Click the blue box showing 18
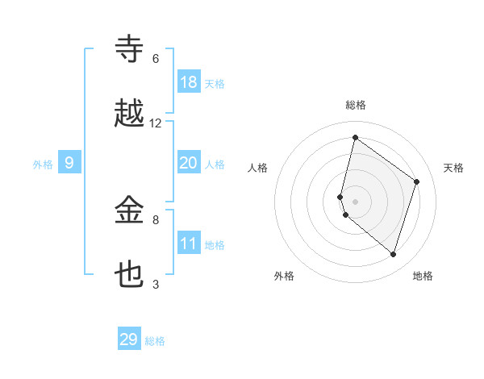click(189, 82)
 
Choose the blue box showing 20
click(189, 163)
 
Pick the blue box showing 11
click(189, 244)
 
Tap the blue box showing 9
click(69, 163)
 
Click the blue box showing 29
click(129, 339)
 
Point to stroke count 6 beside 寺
click(156, 59)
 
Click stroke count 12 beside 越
click(156, 123)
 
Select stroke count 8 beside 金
click(156, 219)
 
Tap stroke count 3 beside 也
click(156, 284)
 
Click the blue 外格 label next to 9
click(43, 165)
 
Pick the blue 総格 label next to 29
click(155, 341)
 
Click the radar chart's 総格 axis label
click(356, 105)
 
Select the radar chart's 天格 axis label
click(453, 168)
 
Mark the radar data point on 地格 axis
click(394, 254)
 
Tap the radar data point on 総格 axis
click(355, 137)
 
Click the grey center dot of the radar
click(355, 201)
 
